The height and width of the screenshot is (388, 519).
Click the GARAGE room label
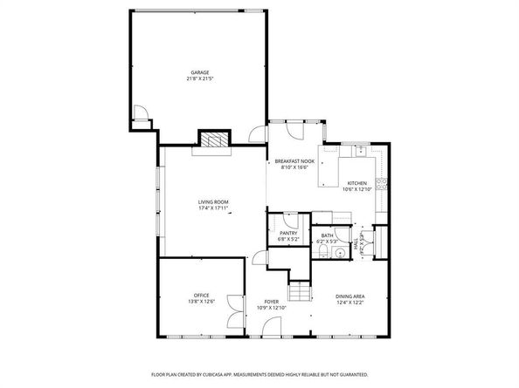(200, 72)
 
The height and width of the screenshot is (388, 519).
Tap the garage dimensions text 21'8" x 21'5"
(200, 79)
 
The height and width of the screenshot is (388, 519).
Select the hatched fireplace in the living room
(213, 140)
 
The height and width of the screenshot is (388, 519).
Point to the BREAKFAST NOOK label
(291, 161)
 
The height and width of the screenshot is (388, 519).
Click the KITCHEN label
(356, 183)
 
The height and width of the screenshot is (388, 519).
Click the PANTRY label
(288, 233)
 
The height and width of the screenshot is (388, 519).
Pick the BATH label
(327, 235)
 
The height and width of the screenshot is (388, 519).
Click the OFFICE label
(201, 296)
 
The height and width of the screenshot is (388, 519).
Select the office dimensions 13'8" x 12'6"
(201, 303)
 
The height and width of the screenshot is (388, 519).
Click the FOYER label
(272, 302)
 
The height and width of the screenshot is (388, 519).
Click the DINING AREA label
(350, 296)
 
